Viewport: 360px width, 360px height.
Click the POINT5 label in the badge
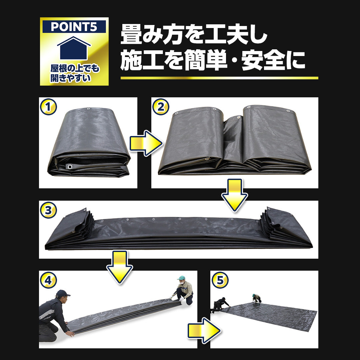click(74, 27)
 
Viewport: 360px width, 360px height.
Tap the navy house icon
click(74, 48)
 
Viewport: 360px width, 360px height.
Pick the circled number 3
click(48, 210)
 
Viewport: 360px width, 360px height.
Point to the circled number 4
click(48, 280)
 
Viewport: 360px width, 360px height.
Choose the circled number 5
click(220, 280)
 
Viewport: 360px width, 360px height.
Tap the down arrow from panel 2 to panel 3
click(234, 195)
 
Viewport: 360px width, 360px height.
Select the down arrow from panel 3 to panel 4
click(119, 267)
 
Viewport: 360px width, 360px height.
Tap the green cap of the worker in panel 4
click(181, 278)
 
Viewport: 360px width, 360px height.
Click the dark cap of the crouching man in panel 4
click(62, 293)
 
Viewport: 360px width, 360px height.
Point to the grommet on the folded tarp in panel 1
click(69, 166)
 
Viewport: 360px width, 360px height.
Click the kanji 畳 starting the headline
click(131, 34)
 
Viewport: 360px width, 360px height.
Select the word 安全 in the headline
click(263, 61)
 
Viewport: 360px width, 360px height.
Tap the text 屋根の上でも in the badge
click(75, 68)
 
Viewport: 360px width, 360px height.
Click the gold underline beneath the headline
click(219, 78)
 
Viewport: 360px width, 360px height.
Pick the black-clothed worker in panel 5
click(220, 305)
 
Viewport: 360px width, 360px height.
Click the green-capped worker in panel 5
click(256, 298)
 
